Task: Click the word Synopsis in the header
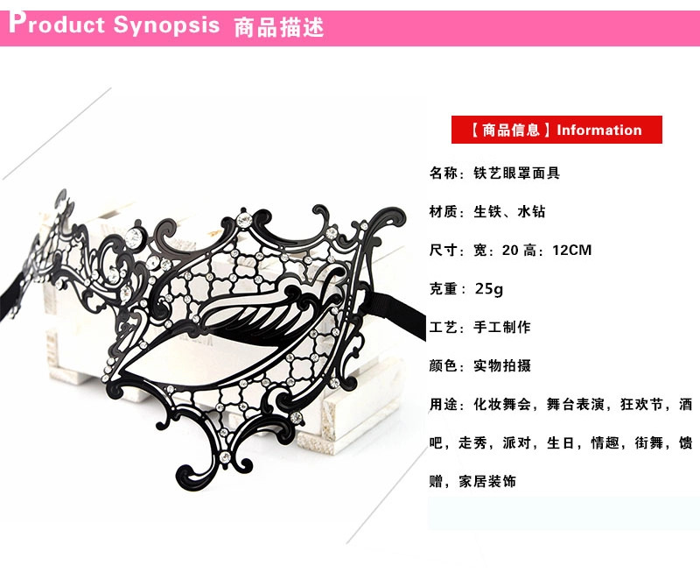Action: coord(166,25)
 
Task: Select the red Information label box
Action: coord(556,130)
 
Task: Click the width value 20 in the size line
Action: coord(509,250)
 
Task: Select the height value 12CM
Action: coord(572,250)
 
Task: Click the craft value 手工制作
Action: coord(501,327)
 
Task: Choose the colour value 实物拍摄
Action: coord(501,365)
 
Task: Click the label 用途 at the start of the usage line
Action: coord(442,404)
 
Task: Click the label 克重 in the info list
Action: coord(442,288)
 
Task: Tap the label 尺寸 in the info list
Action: coord(442,250)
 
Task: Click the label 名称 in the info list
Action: coord(442,173)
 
